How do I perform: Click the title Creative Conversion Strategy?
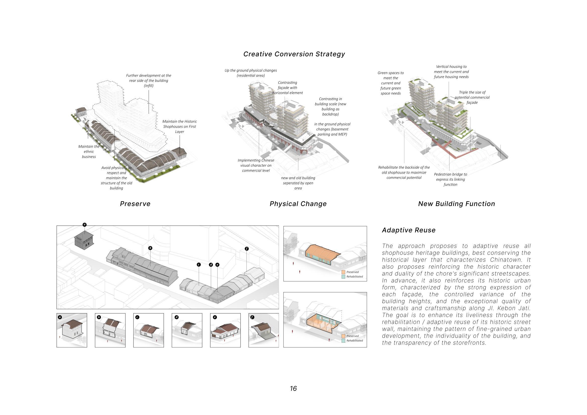coord(294,54)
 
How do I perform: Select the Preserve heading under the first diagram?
coord(135,204)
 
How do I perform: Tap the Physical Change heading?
coord(298,204)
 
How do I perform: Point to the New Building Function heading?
coord(456,204)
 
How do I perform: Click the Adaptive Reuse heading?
coord(408,230)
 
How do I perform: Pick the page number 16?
coord(293,389)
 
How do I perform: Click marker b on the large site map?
coord(150,248)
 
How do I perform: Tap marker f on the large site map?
coord(247,249)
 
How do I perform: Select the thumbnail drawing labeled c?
coord(149,330)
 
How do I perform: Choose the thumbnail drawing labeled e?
coord(225,330)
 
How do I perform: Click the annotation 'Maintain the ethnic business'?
coord(89,152)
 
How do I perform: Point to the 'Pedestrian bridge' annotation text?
coord(450,179)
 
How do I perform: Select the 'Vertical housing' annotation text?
coord(451,72)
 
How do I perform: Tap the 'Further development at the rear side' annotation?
coord(149,81)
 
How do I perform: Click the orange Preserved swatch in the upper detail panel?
coord(343,272)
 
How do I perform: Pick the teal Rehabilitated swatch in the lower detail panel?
coord(343,341)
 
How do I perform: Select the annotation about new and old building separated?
coord(298,183)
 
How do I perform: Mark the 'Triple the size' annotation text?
coord(472,97)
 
